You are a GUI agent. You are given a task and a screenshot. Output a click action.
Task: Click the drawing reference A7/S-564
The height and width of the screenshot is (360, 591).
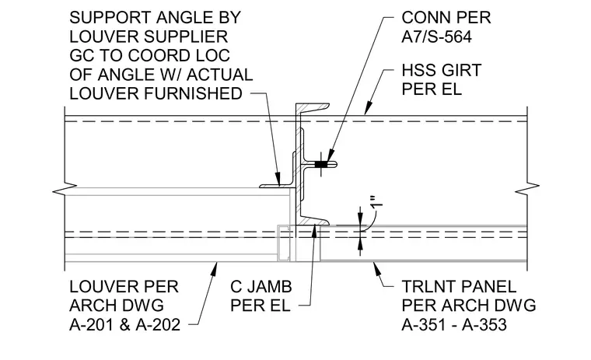click(x=436, y=37)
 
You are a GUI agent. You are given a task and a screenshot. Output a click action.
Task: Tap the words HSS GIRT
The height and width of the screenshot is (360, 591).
click(x=442, y=70)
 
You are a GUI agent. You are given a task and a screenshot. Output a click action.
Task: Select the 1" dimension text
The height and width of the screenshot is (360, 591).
click(x=377, y=201)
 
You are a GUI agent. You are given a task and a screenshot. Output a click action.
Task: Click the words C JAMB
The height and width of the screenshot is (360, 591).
click(x=261, y=287)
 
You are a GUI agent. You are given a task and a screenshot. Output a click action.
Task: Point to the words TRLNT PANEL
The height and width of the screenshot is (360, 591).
click(x=459, y=287)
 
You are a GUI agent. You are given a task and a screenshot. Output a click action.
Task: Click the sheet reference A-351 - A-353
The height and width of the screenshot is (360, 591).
click(x=454, y=325)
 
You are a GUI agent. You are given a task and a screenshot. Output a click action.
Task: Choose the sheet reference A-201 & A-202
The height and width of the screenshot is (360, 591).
click(x=124, y=325)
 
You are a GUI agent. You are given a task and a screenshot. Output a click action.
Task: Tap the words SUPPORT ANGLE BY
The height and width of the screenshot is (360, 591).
click(x=155, y=18)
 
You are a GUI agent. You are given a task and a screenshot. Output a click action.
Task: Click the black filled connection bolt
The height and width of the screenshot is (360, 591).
click(x=320, y=164)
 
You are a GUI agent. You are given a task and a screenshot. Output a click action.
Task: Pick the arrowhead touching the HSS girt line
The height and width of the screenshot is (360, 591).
click(x=368, y=109)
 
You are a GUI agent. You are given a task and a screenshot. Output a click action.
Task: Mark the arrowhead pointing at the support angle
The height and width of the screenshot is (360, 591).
click(x=278, y=180)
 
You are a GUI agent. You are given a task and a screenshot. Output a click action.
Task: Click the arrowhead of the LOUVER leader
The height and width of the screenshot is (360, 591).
click(x=215, y=268)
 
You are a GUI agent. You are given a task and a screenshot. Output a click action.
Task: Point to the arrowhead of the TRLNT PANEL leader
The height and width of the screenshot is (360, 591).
click(x=376, y=268)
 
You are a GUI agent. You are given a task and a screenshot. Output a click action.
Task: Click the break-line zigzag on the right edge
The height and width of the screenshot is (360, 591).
click(x=527, y=188)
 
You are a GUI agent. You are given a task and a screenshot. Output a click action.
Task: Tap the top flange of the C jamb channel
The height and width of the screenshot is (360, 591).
click(x=313, y=107)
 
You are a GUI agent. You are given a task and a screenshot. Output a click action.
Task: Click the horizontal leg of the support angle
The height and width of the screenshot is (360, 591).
click(x=278, y=186)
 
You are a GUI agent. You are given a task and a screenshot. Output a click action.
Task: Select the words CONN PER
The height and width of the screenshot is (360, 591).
click(x=446, y=18)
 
